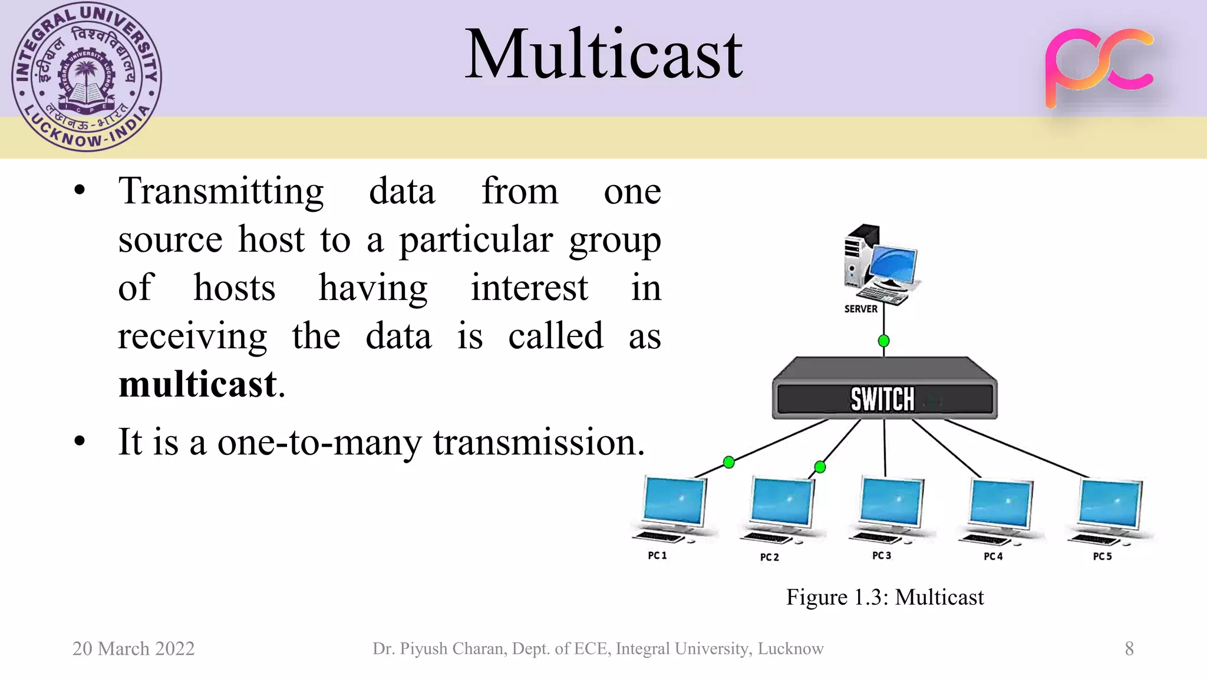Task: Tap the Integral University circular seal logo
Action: (x=87, y=77)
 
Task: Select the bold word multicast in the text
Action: (x=197, y=384)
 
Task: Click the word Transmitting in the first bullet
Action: (x=221, y=192)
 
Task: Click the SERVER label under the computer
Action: (x=860, y=309)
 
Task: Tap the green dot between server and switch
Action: (x=883, y=341)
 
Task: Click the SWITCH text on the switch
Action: (x=882, y=400)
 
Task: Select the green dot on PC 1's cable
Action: (x=728, y=462)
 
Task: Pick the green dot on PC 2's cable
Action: (x=820, y=467)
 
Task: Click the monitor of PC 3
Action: (x=891, y=503)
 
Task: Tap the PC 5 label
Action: (x=1102, y=556)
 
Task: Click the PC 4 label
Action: (x=993, y=556)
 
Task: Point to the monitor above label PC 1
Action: (x=675, y=502)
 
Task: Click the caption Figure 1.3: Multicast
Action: (x=885, y=597)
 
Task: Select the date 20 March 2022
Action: (x=133, y=648)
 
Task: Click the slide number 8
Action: (x=1129, y=648)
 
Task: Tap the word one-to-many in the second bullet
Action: (x=319, y=442)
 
